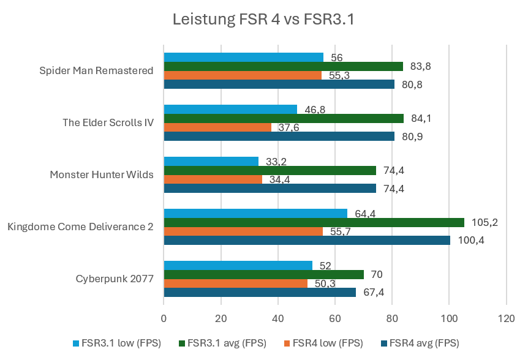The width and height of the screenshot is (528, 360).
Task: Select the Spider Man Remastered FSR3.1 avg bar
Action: [283, 66]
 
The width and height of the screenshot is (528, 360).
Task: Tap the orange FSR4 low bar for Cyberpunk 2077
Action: [235, 283]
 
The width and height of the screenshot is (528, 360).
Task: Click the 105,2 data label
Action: [486, 222]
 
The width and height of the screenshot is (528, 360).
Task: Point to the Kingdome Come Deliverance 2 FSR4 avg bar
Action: [307, 241]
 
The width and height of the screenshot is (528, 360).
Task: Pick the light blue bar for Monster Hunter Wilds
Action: [211, 161]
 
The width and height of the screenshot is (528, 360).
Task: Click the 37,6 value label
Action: [290, 127]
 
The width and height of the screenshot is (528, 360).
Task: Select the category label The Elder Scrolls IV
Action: [108, 122]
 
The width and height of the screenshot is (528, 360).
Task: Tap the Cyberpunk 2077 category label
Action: [115, 279]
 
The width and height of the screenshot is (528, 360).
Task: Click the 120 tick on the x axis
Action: [506, 318]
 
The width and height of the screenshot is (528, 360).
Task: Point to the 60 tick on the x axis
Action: [335, 318]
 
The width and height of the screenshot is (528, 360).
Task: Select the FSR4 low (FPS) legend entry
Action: [323, 343]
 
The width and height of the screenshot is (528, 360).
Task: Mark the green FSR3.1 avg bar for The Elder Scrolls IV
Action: [284, 118]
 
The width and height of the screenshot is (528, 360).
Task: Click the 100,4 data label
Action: [472, 241]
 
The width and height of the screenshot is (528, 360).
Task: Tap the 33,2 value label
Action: [277, 162]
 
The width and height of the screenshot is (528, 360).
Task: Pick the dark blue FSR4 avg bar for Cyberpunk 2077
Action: [260, 293]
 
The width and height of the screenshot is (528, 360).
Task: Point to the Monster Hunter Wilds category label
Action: [102, 174]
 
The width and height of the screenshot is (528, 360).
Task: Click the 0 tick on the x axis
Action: [164, 318]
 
